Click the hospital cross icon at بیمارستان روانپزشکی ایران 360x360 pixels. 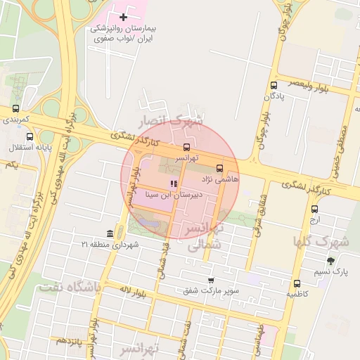[124, 16]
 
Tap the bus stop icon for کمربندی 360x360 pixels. [15, 109]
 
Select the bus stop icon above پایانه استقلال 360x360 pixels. [30, 136]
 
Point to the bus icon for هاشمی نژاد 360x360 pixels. [219, 169]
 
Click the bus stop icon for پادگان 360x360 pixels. [273, 86]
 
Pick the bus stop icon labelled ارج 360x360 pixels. [314, 208]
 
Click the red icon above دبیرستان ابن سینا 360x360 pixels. [174, 184]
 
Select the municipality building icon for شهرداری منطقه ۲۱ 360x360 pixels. [110, 233]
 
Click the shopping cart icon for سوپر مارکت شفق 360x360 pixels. [210, 280]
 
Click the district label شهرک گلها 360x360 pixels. [321, 243]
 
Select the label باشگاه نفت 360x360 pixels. [70, 288]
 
